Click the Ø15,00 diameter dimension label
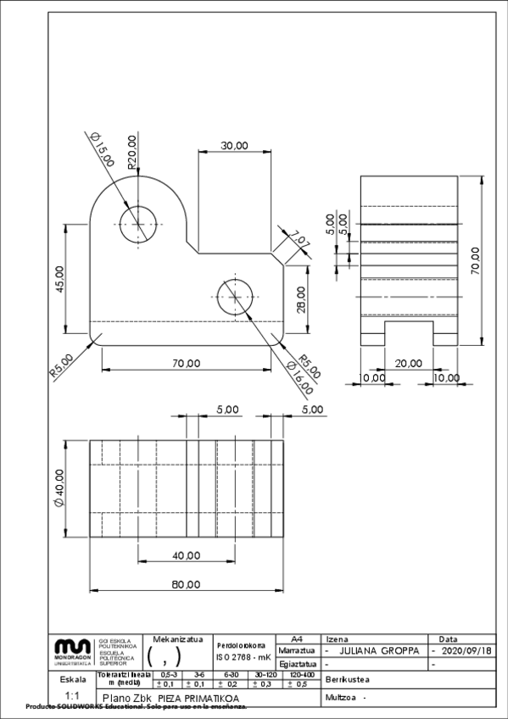pyautogui.click(x=102, y=149)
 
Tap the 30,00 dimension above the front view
pyautogui.click(x=234, y=145)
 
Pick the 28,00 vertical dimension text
pyautogui.click(x=303, y=299)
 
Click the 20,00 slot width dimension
pyautogui.click(x=408, y=363)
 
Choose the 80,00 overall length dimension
pyautogui.click(x=187, y=584)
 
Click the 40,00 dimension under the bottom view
pyautogui.click(x=187, y=555)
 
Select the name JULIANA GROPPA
pyautogui.click(x=379, y=650)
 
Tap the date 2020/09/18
pyautogui.click(x=465, y=650)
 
